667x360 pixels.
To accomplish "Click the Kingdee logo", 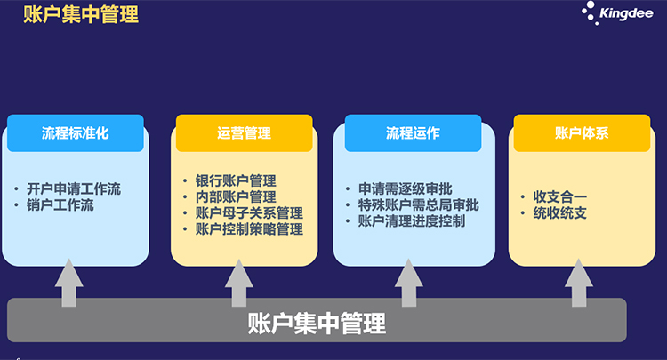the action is click(617, 12).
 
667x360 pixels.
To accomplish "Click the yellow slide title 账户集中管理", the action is click(81, 14).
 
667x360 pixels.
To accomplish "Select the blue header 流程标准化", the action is click(76, 133).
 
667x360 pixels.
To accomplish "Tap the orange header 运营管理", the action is click(245, 133).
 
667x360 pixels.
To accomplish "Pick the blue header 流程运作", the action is click(413, 133).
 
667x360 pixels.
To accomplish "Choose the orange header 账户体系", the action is click(582, 133).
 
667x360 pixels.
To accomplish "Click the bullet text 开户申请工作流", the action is click(74, 188).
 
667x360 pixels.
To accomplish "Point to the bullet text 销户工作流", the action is click(60, 204).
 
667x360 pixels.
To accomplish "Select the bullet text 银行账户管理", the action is click(236, 180).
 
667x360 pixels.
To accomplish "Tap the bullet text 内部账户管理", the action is click(236, 196).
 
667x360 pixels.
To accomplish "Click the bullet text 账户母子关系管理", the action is click(249, 213).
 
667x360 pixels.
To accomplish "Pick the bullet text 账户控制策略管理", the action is click(249, 229).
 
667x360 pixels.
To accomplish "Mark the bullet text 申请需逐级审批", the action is click(405, 188).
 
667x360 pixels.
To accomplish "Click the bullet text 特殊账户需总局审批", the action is click(419, 204).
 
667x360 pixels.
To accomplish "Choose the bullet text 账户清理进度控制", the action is click(412, 221).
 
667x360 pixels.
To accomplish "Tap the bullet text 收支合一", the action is click(560, 196).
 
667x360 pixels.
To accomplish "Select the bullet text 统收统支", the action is click(560, 213).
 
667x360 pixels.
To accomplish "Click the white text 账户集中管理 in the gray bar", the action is click(317, 324).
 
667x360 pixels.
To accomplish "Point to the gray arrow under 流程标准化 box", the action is click(68, 283).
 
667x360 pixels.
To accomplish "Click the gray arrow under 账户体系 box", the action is click(579, 283).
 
